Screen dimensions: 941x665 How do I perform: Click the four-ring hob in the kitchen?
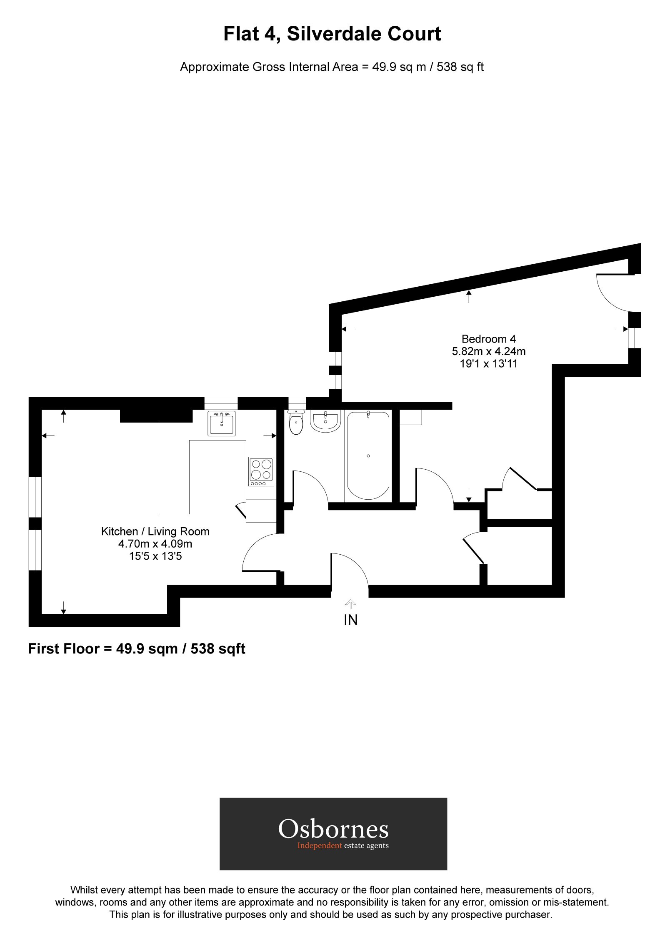[261, 471]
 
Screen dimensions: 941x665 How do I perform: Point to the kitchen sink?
[221, 424]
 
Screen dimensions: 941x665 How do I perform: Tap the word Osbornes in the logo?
[333, 828]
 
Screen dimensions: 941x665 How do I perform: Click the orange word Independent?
[319, 846]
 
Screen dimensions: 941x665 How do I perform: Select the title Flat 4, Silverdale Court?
[332, 34]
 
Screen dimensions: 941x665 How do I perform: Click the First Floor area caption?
[136, 649]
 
